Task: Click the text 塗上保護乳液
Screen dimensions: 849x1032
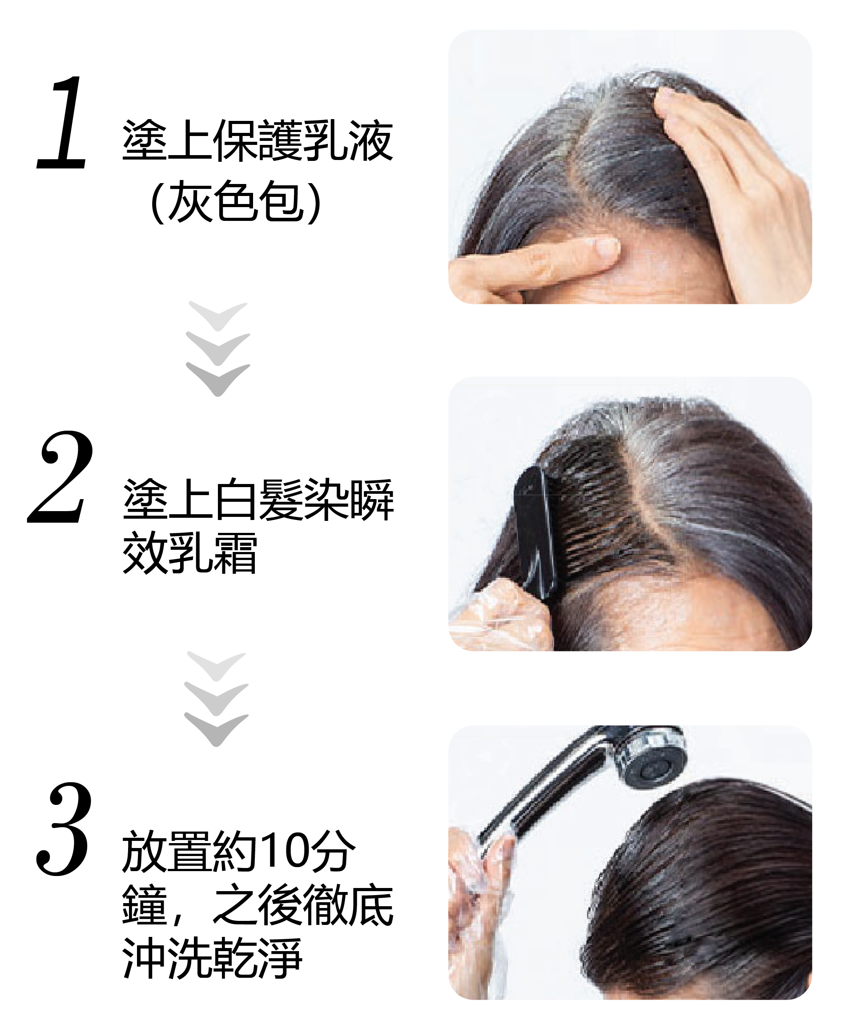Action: pyautogui.click(x=258, y=141)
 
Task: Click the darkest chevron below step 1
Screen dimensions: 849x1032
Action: pyautogui.click(x=218, y=379)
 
